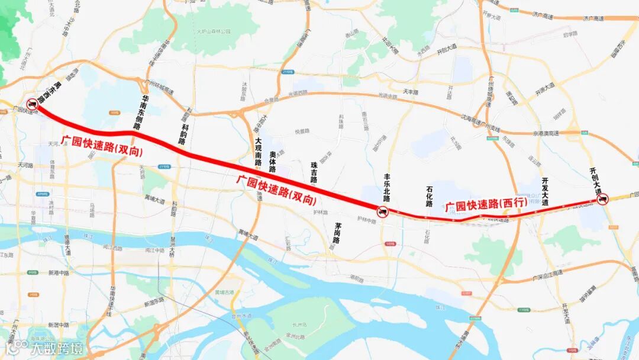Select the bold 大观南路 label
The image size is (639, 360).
(258, 152)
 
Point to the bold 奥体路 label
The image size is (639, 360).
(272, 162)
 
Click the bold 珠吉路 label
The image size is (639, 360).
(314, 172)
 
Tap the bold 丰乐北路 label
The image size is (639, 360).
(388, 188)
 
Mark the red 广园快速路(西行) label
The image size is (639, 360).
(486, 204)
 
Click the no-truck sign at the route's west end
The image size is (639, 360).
(32, 104)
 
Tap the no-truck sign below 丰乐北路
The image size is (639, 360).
(383, 211)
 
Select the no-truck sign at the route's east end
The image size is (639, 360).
(603, 200)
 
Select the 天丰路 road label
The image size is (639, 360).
(410, 92)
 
